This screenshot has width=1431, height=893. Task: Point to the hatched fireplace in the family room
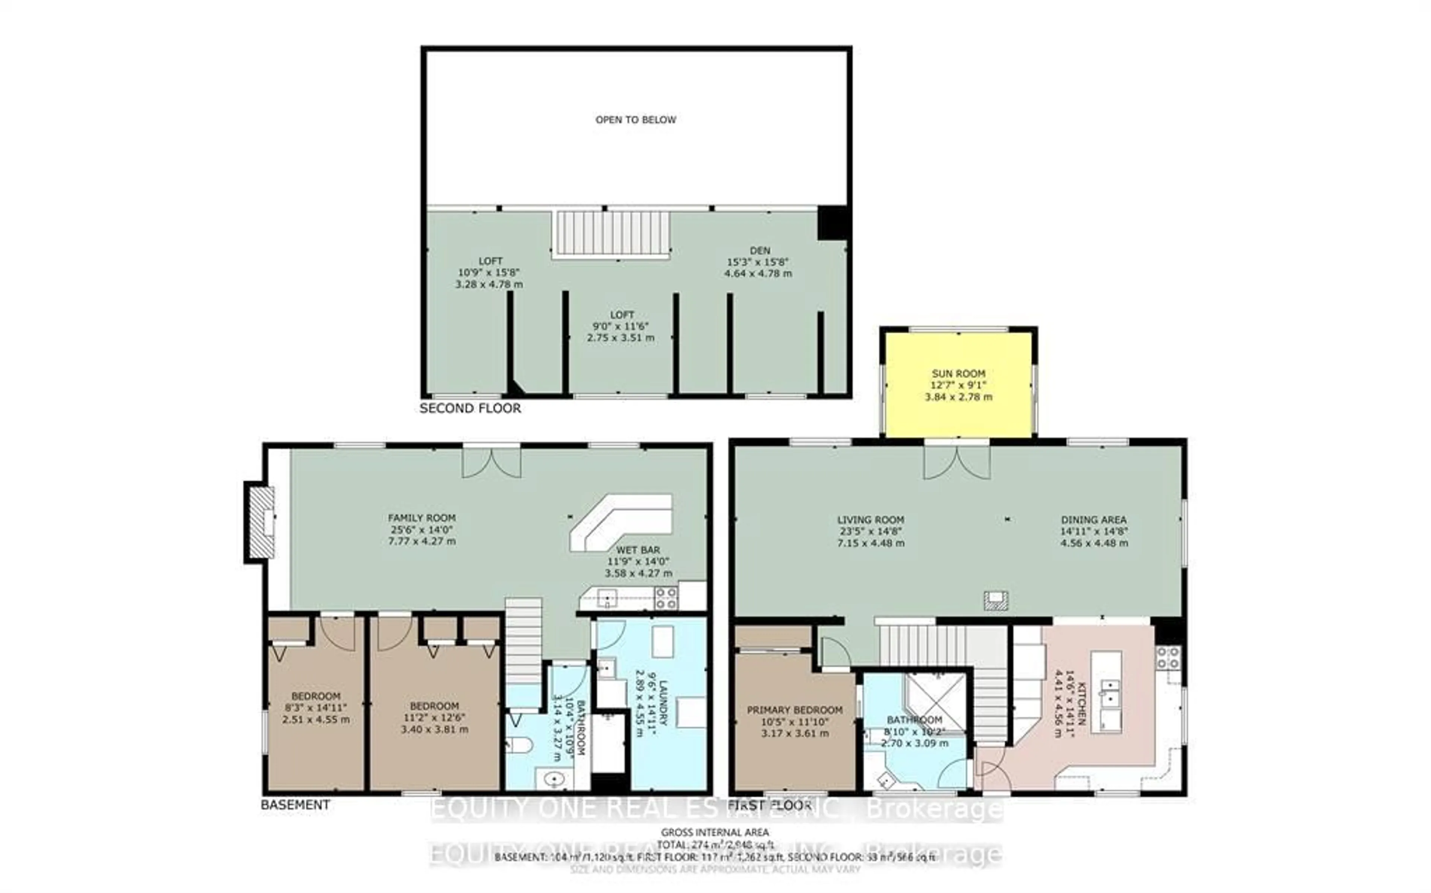coord(261,522)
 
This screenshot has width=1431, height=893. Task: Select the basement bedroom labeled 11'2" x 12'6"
coord(435,717)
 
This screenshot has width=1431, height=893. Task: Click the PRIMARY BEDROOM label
coord(795,710)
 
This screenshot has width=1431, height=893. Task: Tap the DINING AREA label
coord(1093,520)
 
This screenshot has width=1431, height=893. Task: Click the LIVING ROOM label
coord(870,520)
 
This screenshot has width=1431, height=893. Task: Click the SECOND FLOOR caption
coord(470,408)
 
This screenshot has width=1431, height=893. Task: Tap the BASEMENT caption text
coord(295,804)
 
